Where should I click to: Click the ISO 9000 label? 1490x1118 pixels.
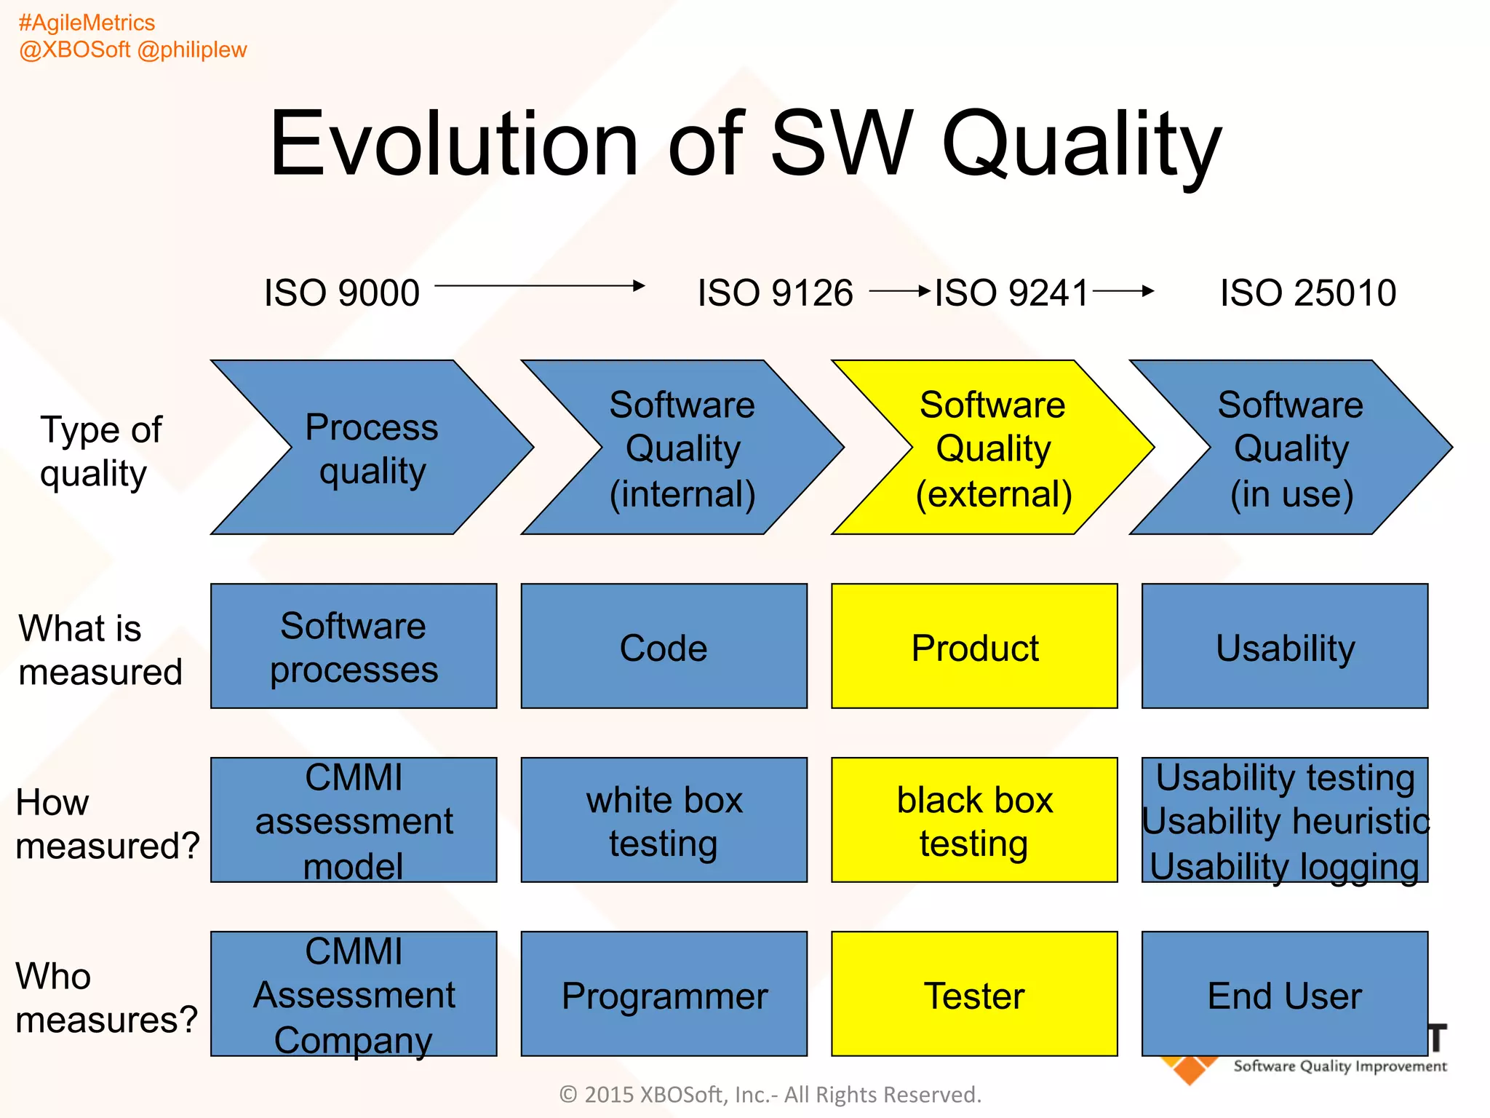pyautogui.click(x=341, y=293)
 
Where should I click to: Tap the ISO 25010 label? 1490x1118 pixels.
pyautogui.click(x=1307, y=293)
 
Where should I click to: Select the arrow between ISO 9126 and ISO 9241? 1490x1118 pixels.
pyautogui.click(x=900, y=292)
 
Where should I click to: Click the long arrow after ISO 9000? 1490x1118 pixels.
pyautogui.click(x=539, y=286)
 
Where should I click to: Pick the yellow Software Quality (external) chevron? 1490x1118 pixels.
pyautogui.click(x=992, y=448)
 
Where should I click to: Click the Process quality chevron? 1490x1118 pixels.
pyautogui.click(x=371, y=448)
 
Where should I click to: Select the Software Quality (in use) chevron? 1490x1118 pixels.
pyautogui.click(x=1291, y=448)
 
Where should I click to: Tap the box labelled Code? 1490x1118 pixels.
pyautogui.click(x=664, y=646)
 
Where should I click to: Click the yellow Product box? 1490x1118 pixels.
pyautogui.click(x=974, y=646)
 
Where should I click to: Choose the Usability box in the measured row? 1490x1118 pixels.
pyautogui.click(x=1285, y=646)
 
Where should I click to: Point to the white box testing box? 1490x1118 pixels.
pyautogui.click(x=664, y=820)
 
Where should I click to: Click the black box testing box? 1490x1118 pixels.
pyautogui.click(x=974, y=820)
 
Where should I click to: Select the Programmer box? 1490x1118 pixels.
pyautogui.click(x=664, y=994)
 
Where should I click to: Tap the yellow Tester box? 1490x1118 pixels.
pyautogui.click(x=974, y=994)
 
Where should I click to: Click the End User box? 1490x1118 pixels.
pyautogui.click(x=1285, y=994)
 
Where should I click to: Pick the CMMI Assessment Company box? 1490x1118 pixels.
pyautogui.click(x=354, y=994)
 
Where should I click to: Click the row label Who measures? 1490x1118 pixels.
pyautogui.click(x=106, y=997)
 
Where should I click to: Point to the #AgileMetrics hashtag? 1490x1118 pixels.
pyautogui.click(x=87, y=23)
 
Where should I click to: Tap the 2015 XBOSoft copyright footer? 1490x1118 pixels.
pyautogui.click(x=770, y=1094)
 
